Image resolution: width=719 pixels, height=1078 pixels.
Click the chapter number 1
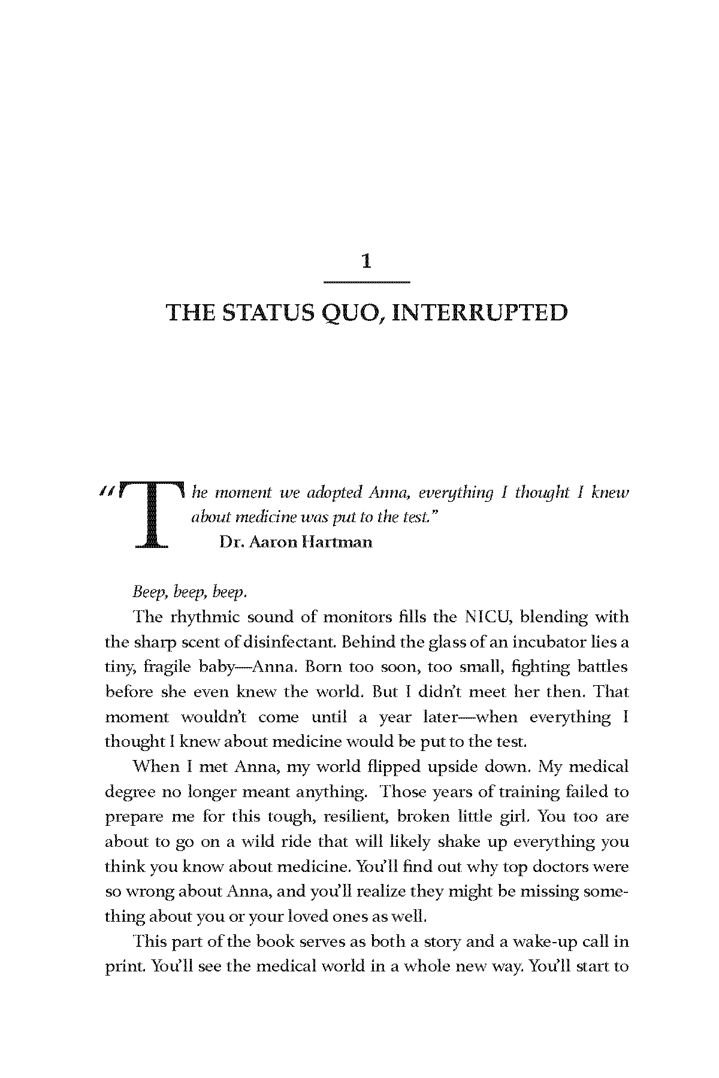[367, 261]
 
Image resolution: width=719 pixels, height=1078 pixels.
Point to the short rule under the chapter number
[367, 281]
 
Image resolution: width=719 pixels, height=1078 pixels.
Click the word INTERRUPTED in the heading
[480, 313]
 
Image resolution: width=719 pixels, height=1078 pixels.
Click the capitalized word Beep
[149, 592]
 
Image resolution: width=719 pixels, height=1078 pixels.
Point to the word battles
[602, 667]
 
